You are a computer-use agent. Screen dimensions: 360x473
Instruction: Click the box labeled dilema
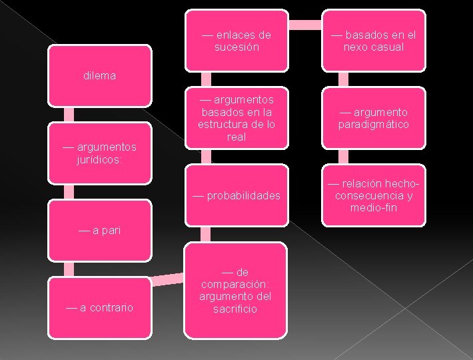click(100, 75)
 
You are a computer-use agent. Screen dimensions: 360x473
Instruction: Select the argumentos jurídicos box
click(100, 153)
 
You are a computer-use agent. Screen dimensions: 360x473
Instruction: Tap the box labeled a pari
click(100, 230)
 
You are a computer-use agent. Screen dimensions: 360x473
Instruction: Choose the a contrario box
click(100, 307)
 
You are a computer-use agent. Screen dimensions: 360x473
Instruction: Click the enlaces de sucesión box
click(236, 41)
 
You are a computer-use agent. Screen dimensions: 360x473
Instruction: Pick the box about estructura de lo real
click(236, 118)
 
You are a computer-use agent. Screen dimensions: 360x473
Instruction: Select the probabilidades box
click(236, 195)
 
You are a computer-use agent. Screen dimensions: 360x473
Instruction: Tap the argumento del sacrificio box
click(236, 290)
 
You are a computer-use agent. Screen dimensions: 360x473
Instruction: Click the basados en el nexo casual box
click(373, 41)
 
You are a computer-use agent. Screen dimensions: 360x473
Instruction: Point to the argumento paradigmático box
click(373, 118)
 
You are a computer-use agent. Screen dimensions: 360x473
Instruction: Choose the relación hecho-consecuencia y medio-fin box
click(373, 195)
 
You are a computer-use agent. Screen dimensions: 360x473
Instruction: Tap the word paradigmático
click(373, 125)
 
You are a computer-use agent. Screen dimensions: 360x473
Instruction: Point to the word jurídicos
click(100, 160)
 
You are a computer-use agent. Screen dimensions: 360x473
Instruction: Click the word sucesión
click(236, 47)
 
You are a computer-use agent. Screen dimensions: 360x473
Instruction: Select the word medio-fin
click(373, 208)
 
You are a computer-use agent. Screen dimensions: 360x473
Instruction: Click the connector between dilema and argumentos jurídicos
click(68, 114)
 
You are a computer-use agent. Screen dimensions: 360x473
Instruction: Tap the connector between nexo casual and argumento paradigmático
click(343, 79)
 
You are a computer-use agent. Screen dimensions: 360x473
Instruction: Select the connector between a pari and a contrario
click(68, 269)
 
